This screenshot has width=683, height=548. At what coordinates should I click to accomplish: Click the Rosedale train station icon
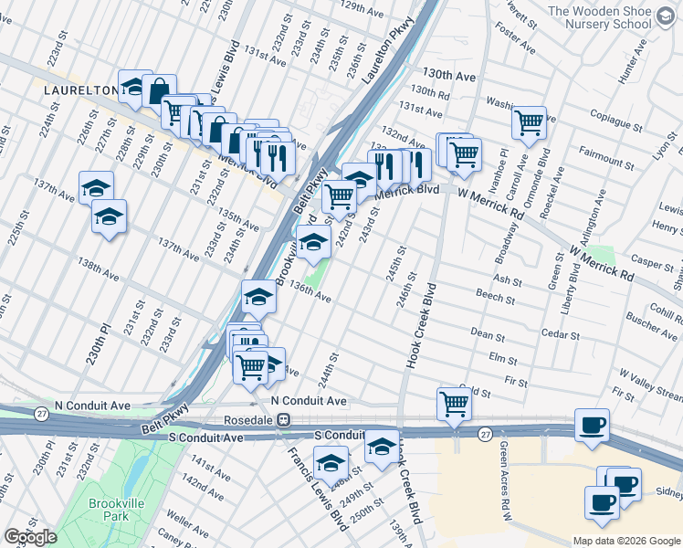click(x=284, y=420)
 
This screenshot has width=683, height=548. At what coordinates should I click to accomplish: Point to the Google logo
click(x=30, y=538)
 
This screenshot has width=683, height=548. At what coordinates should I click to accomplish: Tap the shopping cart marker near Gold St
click(x=454, y=401)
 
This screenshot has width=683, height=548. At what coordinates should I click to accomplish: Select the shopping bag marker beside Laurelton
click(x=159, y=90)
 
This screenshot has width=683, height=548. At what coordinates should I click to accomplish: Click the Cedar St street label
click(x=558, y=334)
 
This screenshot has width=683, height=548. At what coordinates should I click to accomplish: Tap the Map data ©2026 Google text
click(x=625, y=540)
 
